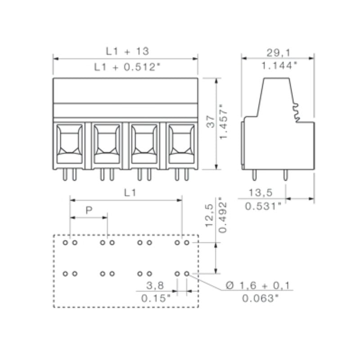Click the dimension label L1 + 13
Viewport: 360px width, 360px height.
tap(127, 51)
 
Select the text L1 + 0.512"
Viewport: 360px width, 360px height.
tap(127, 67)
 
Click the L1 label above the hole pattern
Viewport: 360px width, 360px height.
tap(130, 193)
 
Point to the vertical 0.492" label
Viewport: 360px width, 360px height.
tap(222, 215)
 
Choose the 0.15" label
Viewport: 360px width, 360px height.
tap(156, 298)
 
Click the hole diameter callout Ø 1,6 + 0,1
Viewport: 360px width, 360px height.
tap(258, 285)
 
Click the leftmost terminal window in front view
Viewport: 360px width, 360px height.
tap(69, 143)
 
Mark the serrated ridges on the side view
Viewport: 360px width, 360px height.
tap(297, 112)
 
